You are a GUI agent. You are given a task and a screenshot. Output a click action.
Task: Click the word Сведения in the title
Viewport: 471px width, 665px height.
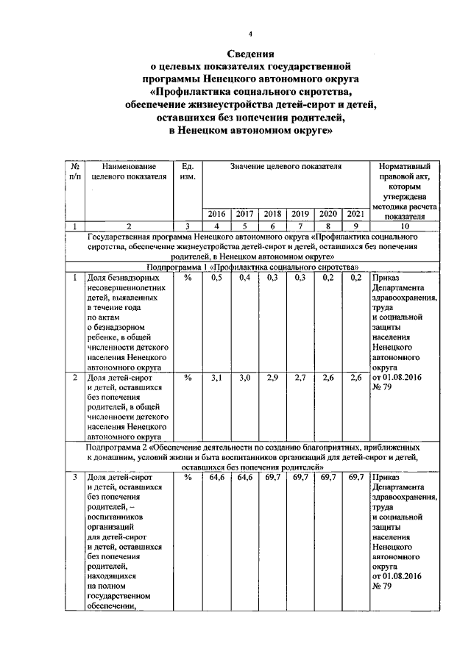[249, 54]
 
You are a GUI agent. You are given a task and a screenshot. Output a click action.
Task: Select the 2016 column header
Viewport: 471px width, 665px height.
[216, 214]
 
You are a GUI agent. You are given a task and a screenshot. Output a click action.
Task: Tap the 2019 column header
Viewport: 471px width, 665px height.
[300, 214]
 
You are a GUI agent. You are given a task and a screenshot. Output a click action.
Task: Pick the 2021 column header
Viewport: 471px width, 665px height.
[355, 214]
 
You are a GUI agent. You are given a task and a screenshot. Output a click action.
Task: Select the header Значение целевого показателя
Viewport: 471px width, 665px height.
[285, 168]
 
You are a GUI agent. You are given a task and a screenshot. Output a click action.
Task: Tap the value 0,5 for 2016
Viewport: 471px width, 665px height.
[216, 278]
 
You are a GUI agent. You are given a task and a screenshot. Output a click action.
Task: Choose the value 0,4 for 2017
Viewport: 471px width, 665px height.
[244, 278]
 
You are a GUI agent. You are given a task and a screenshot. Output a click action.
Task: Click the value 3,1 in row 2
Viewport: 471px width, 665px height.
[216, 377]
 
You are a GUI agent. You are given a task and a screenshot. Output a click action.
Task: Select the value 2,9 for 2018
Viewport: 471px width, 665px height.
[272, 377]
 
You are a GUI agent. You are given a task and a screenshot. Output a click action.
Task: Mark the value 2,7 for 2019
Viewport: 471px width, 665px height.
[300, 377]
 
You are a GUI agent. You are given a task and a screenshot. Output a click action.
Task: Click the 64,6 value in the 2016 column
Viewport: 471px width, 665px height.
[216, 477]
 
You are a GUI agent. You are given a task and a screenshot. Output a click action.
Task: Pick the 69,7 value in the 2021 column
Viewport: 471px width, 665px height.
[355, 477]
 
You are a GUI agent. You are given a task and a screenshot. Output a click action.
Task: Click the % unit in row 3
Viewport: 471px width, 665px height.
[187, 477]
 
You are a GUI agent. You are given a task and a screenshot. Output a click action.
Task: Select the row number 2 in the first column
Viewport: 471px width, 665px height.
[76, 377]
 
